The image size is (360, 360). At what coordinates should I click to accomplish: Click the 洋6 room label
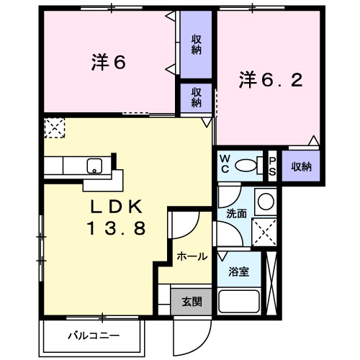point(109,63)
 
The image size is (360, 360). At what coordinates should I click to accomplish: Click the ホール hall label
point(192,256)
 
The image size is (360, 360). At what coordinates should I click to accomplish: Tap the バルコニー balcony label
point(94,336)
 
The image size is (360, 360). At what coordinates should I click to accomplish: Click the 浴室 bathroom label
point(239,272)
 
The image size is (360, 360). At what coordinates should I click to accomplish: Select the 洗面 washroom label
point(237,213)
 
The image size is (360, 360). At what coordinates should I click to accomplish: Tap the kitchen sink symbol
point(94,166)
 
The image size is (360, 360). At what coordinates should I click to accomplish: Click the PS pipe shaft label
point(272,166)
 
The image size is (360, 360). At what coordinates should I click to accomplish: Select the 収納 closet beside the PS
point(301,166)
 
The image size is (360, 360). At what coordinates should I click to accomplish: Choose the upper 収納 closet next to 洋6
point(197,45)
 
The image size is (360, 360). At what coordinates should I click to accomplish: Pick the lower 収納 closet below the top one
point(197,98)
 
